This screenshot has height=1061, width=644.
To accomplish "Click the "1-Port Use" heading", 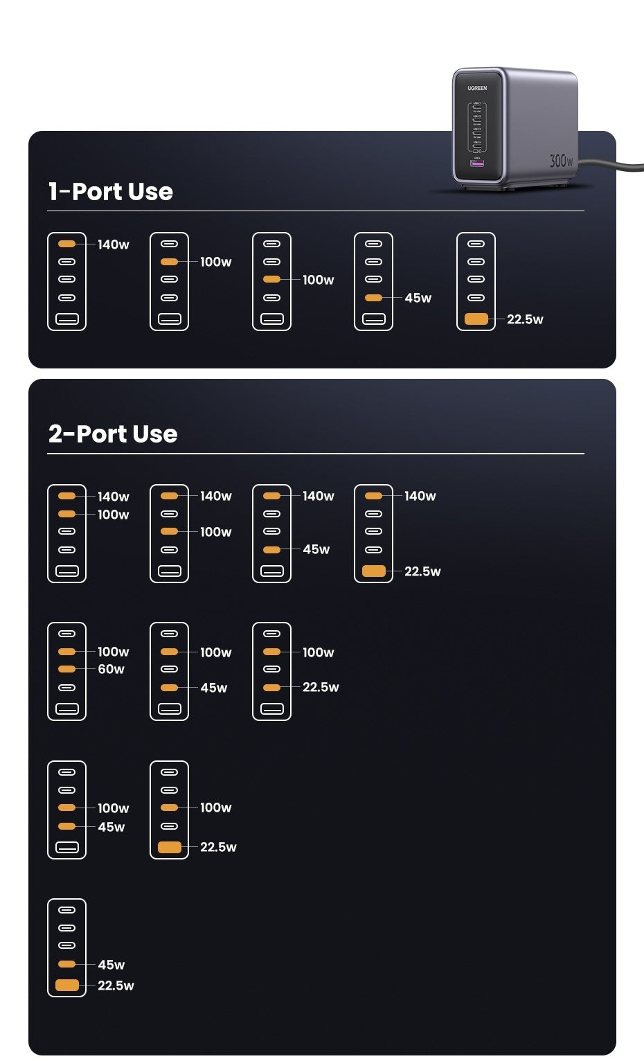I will pyautogui.click(x=110, y=191).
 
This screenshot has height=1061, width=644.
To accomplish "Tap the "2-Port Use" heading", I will pyautogui.click(x=113, y=434).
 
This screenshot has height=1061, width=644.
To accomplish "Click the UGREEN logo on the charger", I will pyautogui.click(x=476, y=88).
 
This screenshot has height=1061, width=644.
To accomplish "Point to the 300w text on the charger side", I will pyautogui.click(x=561, y=160).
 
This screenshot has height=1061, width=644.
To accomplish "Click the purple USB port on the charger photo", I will pyautogui.click(x=476, y=163).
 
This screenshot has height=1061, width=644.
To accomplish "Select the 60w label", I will pyautogui.click(x=111, y=669).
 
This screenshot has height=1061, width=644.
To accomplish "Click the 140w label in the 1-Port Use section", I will pyautogui.click(x=113, y=244).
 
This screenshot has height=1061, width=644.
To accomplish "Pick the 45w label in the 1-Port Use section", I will pyautogui.click(x=418, y=298).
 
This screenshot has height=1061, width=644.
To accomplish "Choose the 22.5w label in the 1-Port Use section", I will pyautogui.click(x=525, y=319).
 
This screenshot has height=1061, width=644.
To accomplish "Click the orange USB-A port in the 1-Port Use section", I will pyautogui.click(x=476, y=319).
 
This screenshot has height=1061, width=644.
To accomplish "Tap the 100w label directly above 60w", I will pyautogui.click(x=113, y=652).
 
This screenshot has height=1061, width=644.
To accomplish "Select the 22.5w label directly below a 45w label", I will pyautogui.click(x=116, y=986).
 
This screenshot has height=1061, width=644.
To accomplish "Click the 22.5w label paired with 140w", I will pyautogui.click(x=422, y=571).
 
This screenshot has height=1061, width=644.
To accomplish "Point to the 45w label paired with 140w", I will pyautogui.click(x=316, y=549).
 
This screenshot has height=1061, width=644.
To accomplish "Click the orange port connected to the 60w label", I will pyautogui.click(x=66, y=669).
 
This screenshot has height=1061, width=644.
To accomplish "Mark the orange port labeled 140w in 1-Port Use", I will pyautogui.click(x=66, y=244).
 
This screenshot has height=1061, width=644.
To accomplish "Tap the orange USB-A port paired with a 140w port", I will pyautogui.click(x=374, y=571).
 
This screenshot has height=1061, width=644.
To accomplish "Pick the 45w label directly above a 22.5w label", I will pyautogui.click(x=111, y=965).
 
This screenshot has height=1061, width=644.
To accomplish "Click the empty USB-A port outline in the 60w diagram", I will pyautogui.click(x=67, y=708).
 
